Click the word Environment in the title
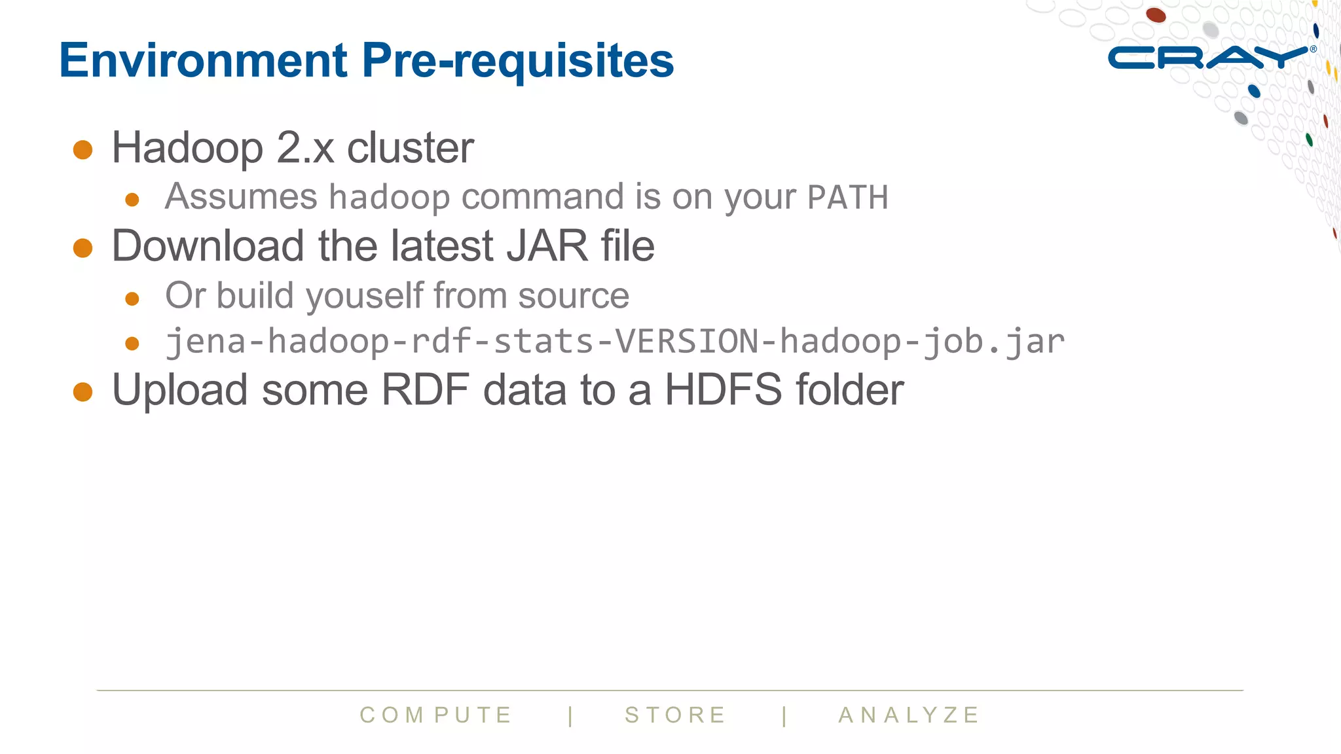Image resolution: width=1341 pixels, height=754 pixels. [x=203, y=60]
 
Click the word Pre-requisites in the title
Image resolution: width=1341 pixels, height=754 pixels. [x=517, y=60]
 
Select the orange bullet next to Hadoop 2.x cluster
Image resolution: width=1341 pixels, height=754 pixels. [x=83, y=150]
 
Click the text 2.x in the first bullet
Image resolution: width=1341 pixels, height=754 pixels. [x=305, y=148]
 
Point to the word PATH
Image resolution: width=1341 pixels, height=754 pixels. [x=847, y=198]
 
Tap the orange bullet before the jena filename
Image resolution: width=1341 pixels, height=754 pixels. [x=132, y=344]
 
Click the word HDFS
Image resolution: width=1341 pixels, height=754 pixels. [x=723, y=390]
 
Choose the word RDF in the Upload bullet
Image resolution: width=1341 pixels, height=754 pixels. [x=425, y=390]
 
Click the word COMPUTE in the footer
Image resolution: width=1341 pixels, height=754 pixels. [x=436, y=715]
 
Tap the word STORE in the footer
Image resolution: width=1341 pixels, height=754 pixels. [x=676, y=715]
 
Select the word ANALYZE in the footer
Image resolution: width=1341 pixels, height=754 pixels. [x=909, y=715]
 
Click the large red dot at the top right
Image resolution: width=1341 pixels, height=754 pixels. [x=1156, y=14]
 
